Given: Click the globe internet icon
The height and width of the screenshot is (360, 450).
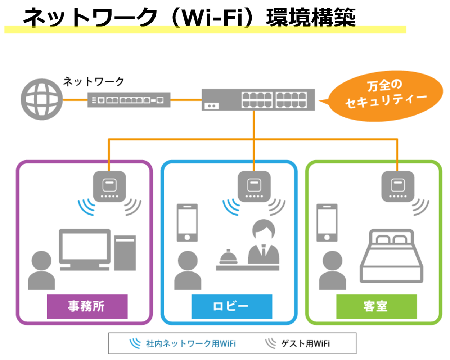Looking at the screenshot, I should point(41,99).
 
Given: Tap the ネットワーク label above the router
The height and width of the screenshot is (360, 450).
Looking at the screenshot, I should point(94,82).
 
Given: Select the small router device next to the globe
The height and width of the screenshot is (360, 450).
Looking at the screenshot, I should point(129,100).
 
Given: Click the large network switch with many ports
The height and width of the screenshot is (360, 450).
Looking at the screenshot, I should point(258,100).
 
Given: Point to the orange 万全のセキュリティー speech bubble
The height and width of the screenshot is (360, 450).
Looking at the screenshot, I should point(385,95).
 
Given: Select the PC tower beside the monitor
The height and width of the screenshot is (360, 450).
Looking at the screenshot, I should point(125,253).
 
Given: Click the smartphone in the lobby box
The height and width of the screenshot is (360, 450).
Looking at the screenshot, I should point(187,223).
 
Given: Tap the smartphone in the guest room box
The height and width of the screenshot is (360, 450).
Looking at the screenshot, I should point(327,223).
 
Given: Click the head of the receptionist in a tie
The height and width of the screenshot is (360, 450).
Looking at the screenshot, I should point(264,230).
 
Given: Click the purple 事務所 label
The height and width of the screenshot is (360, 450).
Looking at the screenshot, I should point(87,306).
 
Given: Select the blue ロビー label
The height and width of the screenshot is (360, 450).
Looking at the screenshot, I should point(231,306).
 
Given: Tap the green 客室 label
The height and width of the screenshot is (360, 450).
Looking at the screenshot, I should point(376,306).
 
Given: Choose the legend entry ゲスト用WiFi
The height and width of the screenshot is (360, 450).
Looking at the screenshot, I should point(298,343).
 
